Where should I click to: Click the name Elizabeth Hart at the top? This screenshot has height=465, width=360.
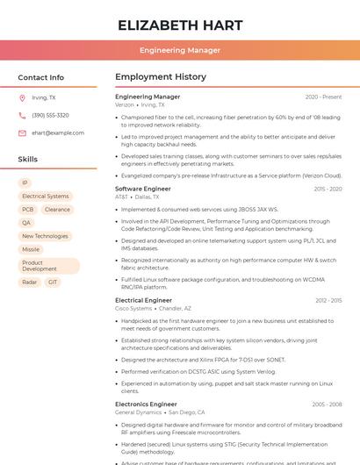tap(179, 24)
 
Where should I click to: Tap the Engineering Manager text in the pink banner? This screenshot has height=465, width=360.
tap(179, 50)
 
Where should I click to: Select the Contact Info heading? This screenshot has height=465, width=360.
tap(40, 77)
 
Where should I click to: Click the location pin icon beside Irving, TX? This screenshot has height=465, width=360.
tap(22, 98)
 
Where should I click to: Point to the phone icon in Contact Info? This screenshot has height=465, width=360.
tap(22, 116)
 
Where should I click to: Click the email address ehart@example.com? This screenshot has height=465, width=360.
tap(58, 133)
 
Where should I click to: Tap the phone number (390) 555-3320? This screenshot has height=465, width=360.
tap(50, 116)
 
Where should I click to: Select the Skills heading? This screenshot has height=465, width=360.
tap(28, 160)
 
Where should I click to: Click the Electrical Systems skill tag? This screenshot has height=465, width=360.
tap(45, 197)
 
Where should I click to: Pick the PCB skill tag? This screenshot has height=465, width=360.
tap(28, 210)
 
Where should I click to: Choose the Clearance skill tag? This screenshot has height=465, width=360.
tap(57, 210)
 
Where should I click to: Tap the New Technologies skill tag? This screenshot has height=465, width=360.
tap(45, 236)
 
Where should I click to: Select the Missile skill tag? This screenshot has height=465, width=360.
tap(31, 249)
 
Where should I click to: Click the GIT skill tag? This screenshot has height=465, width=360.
tap(53, 283)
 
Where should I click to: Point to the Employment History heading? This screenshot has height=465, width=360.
tap(161, 77)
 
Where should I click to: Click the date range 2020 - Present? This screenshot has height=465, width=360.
tap(323, 97)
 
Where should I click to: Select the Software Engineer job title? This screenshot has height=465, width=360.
tap(143, 189)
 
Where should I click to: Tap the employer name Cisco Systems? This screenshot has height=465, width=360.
tap(133, 309)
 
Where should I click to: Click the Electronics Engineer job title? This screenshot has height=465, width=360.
tap(146, 404)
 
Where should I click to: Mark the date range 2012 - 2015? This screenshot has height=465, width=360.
tap(328, 301)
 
